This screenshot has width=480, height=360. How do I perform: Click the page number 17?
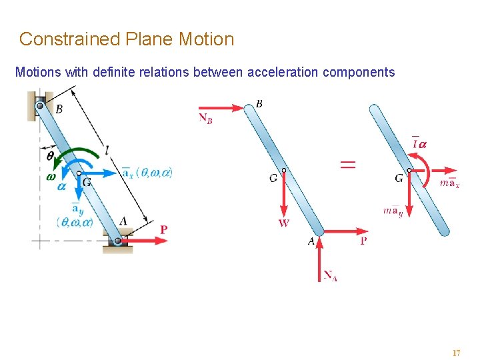tap(456, 353)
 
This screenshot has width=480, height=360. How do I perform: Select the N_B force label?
tap(205, 118)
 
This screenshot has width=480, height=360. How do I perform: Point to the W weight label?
tap(284, 223)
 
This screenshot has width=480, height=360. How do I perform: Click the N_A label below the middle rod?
tap(330, 275)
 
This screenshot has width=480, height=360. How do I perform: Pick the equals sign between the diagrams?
tap(348, 165)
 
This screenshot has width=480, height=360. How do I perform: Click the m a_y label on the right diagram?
tap(393, 212)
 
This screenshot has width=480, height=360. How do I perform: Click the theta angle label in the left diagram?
tap(51, 155)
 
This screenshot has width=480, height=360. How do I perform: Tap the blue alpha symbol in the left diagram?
tap(62, 187)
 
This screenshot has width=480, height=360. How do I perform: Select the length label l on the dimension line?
tap(107, 151)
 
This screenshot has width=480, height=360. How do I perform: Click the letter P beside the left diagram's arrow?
tap(164, 229)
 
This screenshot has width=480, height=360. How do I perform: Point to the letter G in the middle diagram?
tap(273, 178)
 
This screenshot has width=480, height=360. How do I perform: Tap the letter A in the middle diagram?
tap(311, 242)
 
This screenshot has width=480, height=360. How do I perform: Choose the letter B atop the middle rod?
tap(259, 103)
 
